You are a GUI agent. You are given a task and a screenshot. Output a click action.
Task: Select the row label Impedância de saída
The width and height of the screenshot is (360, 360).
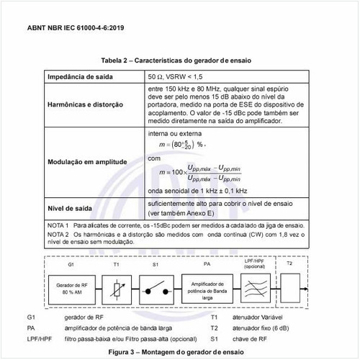click(81, 76)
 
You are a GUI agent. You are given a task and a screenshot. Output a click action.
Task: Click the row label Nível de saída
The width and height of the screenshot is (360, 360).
click(71, 210)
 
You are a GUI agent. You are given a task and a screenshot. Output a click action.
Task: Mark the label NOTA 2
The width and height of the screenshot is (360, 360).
click(58, 235)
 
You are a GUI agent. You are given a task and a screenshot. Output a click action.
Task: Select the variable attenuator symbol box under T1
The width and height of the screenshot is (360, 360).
click(117, 291)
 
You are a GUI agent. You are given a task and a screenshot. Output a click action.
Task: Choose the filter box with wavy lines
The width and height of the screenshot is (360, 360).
click(274, 289)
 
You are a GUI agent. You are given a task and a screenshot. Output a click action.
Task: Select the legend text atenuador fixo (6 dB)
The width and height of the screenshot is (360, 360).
click(266, 328)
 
